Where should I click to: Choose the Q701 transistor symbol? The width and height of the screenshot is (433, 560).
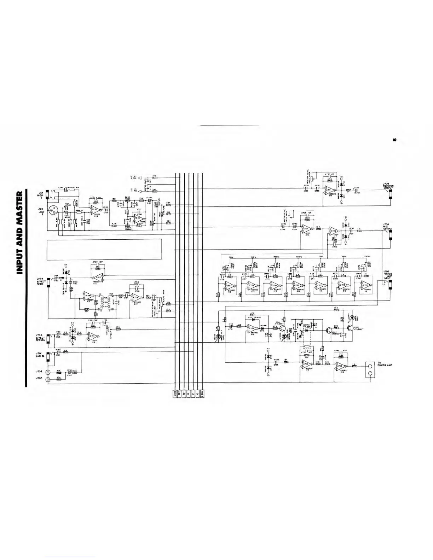click(x=282, y=324)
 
